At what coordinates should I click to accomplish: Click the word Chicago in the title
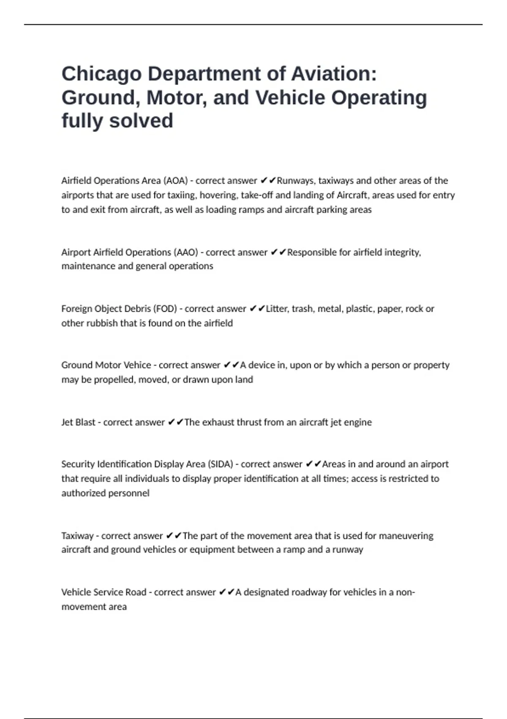[101, 74]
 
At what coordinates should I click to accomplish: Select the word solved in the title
[141, 121]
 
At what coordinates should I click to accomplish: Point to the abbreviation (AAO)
[185, 252]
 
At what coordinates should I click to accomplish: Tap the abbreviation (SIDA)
[220, 464]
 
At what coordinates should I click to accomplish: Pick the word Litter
[277, 309]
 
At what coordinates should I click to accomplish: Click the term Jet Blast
[78, 422]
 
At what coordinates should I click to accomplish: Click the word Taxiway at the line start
[77, 536]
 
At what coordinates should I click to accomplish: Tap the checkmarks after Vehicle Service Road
[226, 592]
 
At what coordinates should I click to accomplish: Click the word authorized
[82, 493]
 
